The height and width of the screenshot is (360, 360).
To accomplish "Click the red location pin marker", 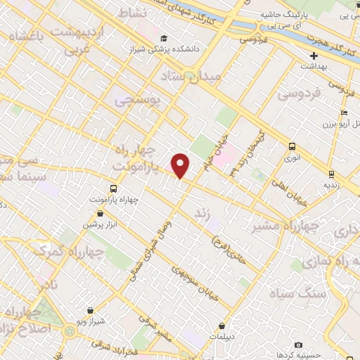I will point(181,165).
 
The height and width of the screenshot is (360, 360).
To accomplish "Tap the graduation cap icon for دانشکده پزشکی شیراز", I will point(164,38).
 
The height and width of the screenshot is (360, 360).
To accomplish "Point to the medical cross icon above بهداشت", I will point(314,55).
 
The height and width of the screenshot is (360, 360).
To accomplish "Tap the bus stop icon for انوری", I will point(292,146).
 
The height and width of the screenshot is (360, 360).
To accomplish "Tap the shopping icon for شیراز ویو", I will point(91,310).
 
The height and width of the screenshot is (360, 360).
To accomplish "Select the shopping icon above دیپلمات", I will point(222,326).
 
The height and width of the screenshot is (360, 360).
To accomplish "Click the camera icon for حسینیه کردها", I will point(298,345).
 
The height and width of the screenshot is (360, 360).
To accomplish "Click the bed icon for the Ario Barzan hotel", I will point(343,112).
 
